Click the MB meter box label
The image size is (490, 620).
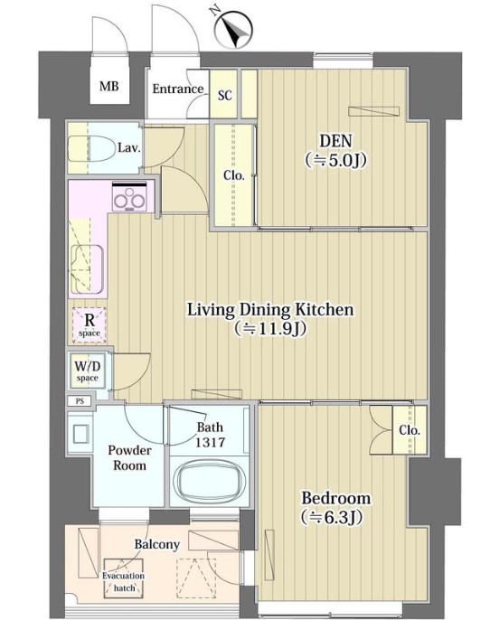108,86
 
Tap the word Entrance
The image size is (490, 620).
177,89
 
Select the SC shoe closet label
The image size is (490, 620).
224,95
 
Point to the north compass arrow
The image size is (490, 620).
234,30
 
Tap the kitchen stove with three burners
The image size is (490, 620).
129,196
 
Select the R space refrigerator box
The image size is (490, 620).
90,325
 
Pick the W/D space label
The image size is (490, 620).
88,371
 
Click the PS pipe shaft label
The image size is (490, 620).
80,401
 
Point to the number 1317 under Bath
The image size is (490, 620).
210,442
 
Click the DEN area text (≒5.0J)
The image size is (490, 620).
335,160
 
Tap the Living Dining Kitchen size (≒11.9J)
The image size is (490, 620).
270,328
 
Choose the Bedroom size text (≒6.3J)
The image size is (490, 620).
332,517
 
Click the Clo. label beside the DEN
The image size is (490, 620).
234,175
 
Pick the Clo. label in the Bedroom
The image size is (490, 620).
410,430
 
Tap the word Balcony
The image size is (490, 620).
157,544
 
